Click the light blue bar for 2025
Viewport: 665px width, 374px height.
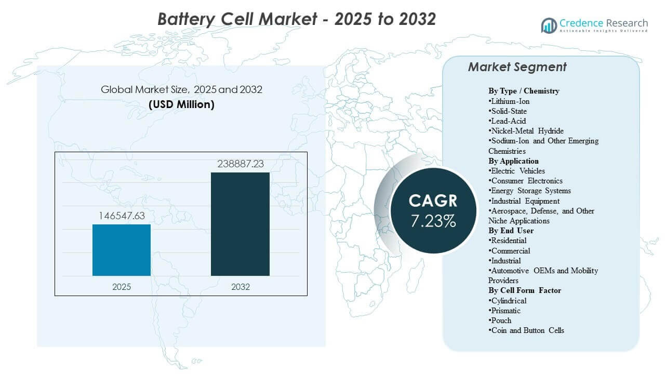tap(122, 250)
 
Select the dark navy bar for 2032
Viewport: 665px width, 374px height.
tap(240, 224)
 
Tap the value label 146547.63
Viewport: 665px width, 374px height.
tap(122, 215)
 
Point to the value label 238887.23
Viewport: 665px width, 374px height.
tap(240, 164)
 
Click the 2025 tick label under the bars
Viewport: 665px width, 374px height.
tap(122, 287)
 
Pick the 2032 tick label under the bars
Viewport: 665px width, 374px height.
tap(240, 287)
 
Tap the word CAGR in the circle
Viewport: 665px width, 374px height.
tap(433, 201)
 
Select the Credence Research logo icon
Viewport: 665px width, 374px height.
tap(549, 24)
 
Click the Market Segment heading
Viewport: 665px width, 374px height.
tap(517, 67)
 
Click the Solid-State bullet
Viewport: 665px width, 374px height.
tap(508, 111)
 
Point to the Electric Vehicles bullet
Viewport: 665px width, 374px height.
tap(517, 171)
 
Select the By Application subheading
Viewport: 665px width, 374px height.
tap(513, 161)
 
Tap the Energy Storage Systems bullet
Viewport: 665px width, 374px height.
tap(530, 191)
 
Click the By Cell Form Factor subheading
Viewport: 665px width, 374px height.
tap(525, 290)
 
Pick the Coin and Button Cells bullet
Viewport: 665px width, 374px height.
tap(526, 330)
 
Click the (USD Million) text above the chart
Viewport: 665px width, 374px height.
tap(181, 104)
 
